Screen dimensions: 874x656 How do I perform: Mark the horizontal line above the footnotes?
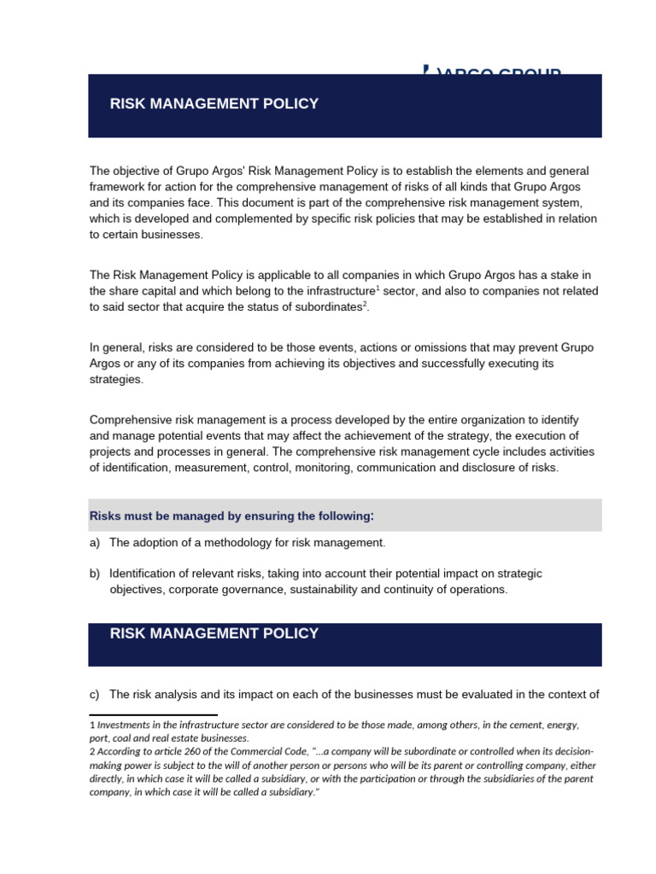point(154,714)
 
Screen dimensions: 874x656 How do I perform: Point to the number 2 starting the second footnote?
point(92,752)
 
